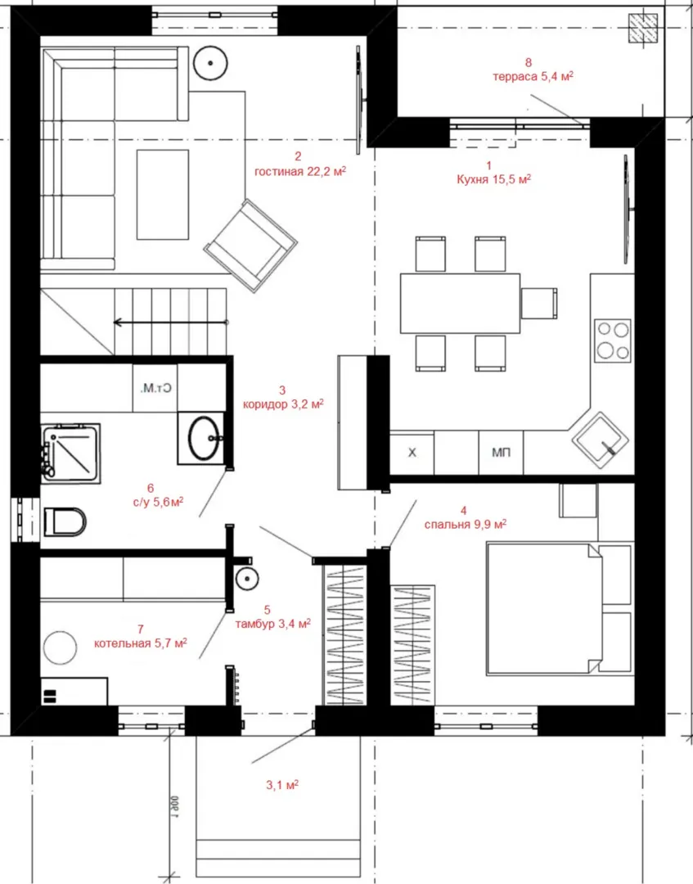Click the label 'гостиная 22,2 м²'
tap(299, 171)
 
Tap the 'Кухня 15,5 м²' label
tap(494, 179)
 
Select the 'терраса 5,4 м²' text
tap(533, 77)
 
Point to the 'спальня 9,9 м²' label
tap(466, 525)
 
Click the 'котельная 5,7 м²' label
tap(140, 643)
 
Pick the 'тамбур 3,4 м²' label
tap(272, 624)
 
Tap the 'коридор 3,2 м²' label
tap(283, 404)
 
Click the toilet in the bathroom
tap(65, 521)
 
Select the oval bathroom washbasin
tap(204, 437)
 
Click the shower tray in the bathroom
tap(71, 453)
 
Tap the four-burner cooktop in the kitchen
tap(613, 340)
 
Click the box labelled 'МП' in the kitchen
tap(501, 453)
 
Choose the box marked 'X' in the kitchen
tap(412, 453)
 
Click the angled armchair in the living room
tap(250, 246)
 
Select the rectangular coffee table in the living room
tap(163, 195)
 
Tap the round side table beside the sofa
tap(210, 63)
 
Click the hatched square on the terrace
tap(643, 28)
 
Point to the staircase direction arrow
tap(171, 322)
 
